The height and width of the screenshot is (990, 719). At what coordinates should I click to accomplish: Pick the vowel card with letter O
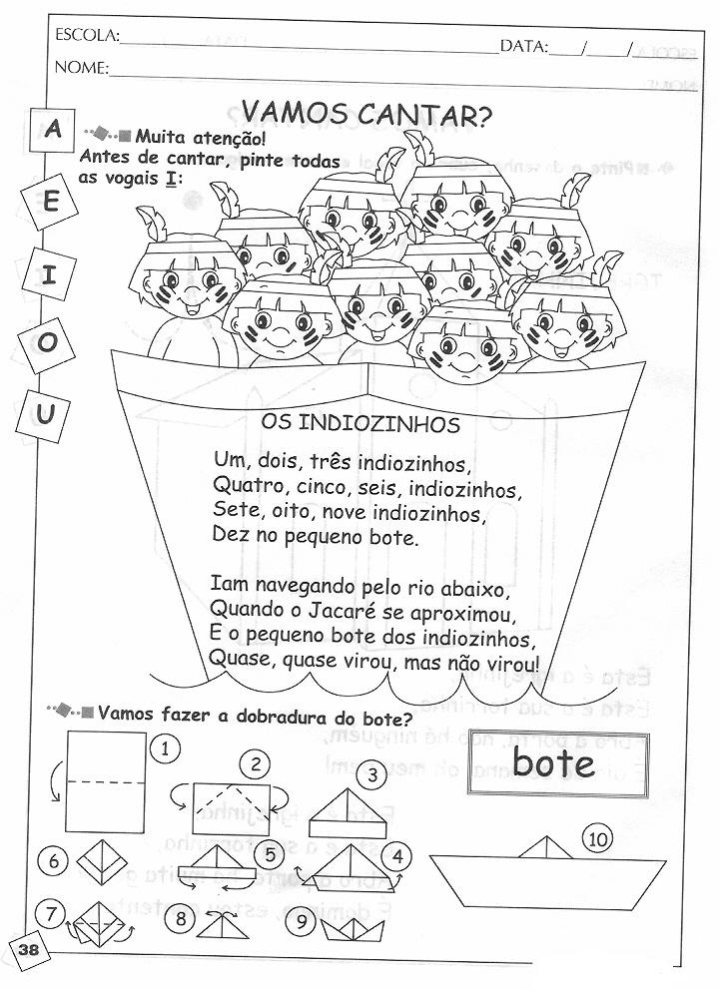(x=47, y=344)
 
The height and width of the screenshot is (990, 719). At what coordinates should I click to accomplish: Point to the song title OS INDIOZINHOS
(x=360, y=424)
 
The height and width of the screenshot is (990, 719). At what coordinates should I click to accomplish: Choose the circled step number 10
(x=599, y=840)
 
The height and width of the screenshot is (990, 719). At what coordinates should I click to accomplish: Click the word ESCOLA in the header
(x=87, y=36)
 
